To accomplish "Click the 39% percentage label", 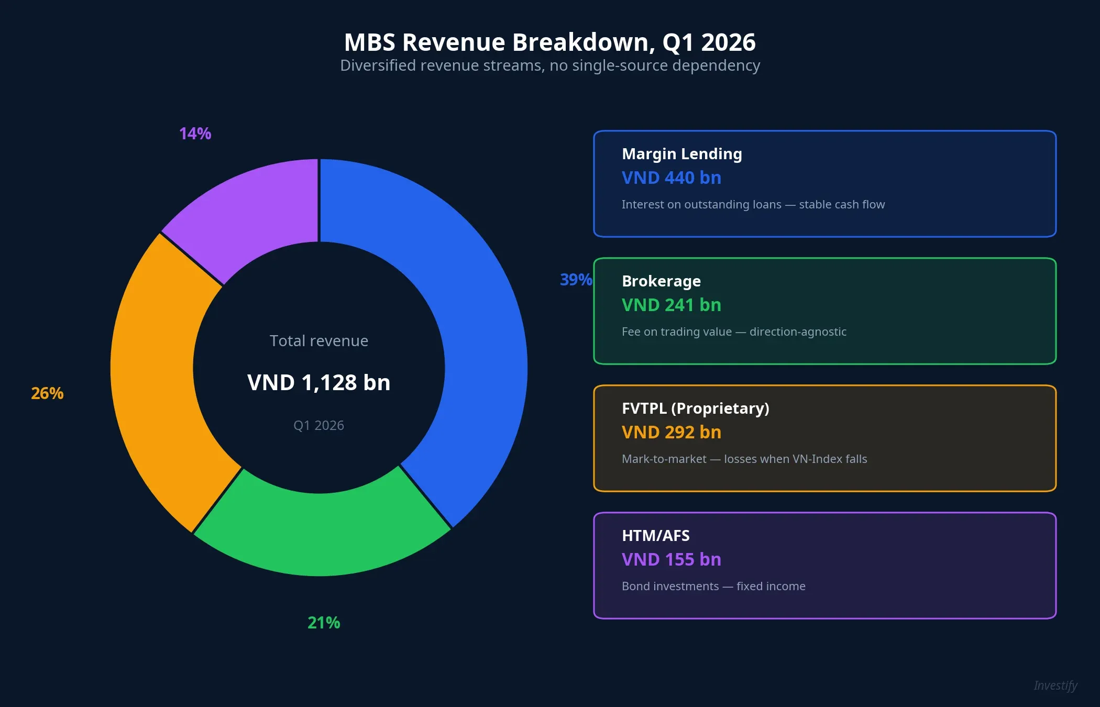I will pos(575,280).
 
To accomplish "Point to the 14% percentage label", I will pos(195,134).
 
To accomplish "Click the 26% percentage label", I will pos(47,393).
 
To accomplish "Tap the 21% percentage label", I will pos(324,623).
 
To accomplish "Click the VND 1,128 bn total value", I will pos(318,382).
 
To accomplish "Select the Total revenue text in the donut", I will pos(318,341).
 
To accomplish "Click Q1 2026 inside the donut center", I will pos(318,425).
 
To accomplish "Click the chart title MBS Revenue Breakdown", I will pos(549,42).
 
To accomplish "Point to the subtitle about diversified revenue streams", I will pos(549,65).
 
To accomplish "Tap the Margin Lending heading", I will pos(681,154).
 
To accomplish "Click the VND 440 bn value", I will pos(671,178).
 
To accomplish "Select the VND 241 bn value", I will pos(671,305).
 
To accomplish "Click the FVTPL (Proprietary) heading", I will pos(695,408).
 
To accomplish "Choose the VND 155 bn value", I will pos(671,560).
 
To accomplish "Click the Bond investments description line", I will pos(713,587).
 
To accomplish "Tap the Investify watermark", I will pos(1055,686).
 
